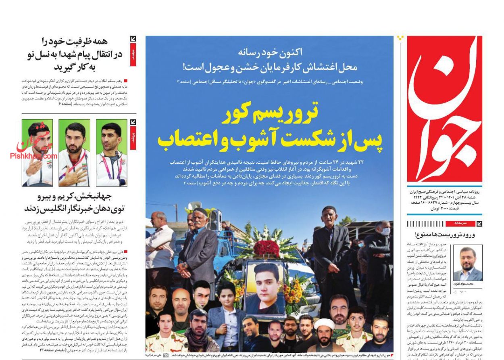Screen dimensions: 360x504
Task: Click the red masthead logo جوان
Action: [444, 109]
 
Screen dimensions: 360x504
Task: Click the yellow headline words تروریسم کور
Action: [270, 114]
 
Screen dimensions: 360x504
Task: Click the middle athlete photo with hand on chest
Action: [74, 153]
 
